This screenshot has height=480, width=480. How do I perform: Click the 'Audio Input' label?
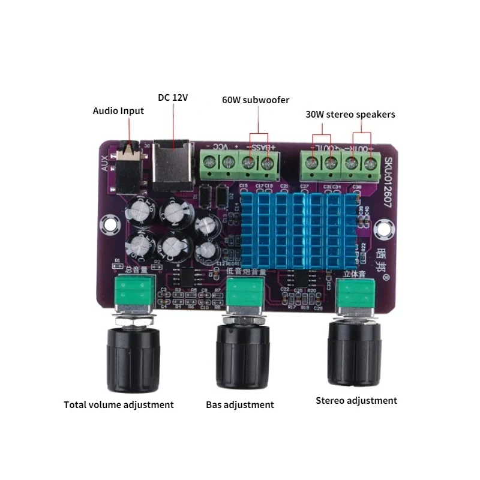(x=118, y=110)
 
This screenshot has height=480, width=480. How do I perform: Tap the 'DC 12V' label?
(x=173, y=97)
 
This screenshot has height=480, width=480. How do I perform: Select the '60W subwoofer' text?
(x=256, y=100)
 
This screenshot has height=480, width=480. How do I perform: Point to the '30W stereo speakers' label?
(x=349, y=114)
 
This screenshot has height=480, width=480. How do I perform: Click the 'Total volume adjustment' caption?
(x=119, y=404)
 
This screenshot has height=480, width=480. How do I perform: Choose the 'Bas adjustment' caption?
(x=239, y=404)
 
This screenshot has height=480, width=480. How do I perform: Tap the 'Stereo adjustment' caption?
(x=356, y=400)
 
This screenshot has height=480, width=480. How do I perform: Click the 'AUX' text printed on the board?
(x=104, y=165)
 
